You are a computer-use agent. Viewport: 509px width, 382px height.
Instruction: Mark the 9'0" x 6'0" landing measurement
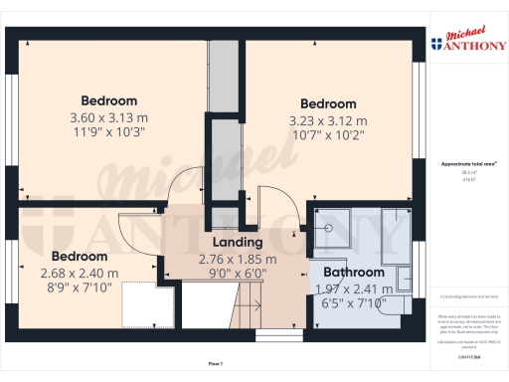tap(237, 272)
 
